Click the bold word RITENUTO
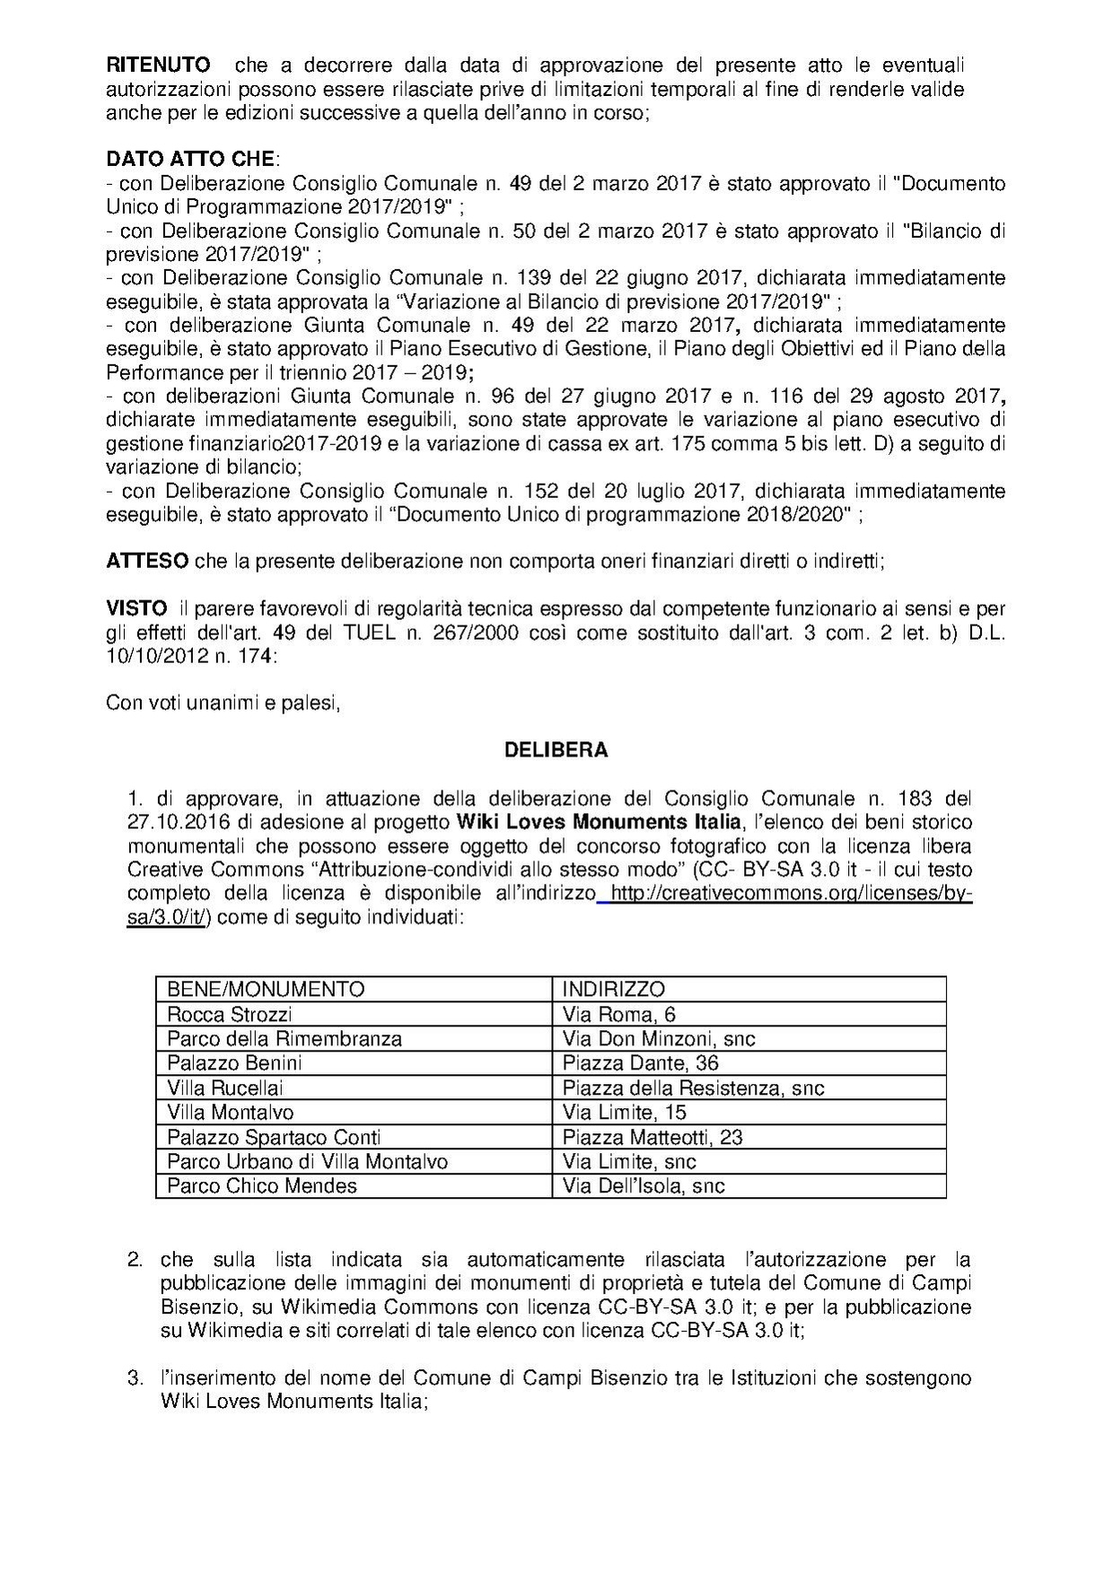point(159,66)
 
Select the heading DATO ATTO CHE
point(190,160)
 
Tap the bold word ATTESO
point(147,562)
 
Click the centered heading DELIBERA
point(556,750)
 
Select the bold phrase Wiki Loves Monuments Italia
point(600,822)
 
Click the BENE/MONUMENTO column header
point(266,989)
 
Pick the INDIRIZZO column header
point(614,989)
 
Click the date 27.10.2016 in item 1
point(177,822)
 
